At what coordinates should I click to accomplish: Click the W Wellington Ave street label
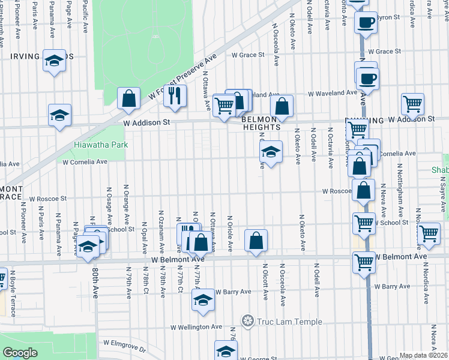[196, 327]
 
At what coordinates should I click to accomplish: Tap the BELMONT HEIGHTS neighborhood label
[262, 123]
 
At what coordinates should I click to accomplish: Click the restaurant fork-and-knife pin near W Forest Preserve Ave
[175, 95]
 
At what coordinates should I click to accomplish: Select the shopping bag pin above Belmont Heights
[282, 107]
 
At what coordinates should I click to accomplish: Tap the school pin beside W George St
[226, 351]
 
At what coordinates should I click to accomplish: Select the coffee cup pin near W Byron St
[365, 23]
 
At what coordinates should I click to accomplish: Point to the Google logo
[20, 353]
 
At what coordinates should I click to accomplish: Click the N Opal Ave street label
[145, 230]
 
